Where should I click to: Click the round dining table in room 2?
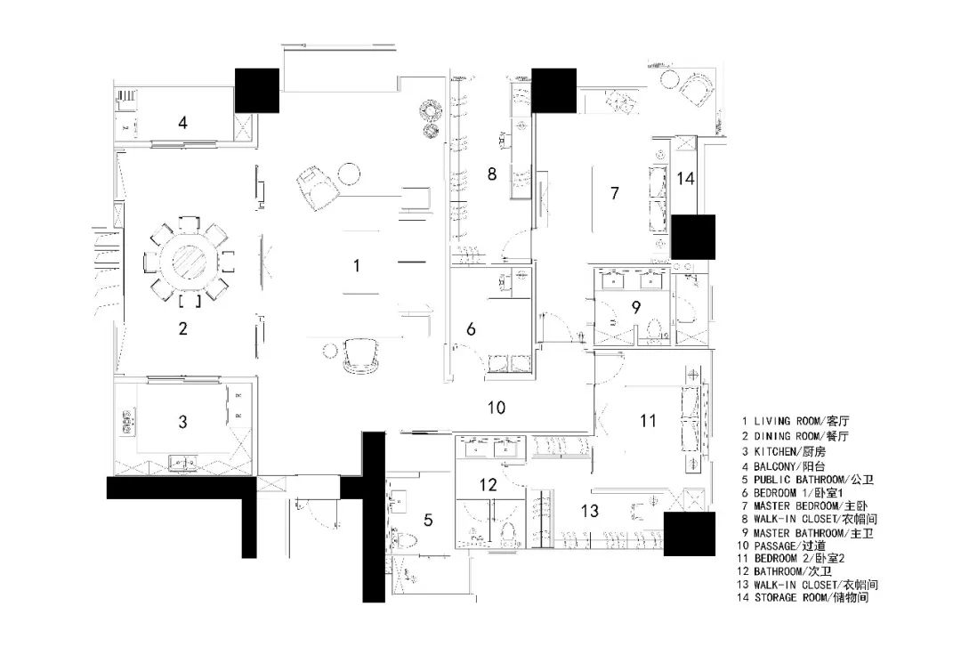coord(192,260)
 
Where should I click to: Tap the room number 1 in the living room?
coord(357,264)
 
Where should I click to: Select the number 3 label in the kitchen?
coord(182,422)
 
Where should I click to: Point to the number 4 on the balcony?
coord(182,122)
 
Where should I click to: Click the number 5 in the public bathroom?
coord(428,520)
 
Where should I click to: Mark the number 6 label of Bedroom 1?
coord(471,329)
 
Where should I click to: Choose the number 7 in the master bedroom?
coord(614,192)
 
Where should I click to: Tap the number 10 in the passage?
coord(497,408)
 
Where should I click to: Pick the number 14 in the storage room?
coord(684,178)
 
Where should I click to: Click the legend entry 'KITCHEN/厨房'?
coord(793,449)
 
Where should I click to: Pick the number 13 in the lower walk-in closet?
coord(590,511)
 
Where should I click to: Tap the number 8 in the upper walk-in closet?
coord(491,174)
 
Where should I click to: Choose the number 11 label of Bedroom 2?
coord(648,419)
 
